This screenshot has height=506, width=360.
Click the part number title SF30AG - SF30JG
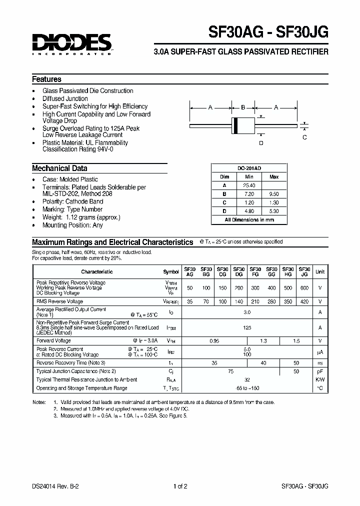tap(268, 32)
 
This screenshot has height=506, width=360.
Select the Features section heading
tap(46, 79)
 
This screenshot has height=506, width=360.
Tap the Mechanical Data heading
tap(59, 168)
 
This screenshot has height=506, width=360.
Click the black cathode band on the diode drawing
tap(235, 125)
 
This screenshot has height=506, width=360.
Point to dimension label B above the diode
tap(243, 107)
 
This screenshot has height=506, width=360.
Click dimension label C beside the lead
tap(304, 137)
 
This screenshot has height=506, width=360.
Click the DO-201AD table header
tap(249, 169)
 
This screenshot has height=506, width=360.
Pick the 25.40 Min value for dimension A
tap(249, 185)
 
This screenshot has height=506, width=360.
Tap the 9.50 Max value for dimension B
tap(274, 193)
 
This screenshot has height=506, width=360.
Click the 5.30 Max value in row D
tap(274, 210)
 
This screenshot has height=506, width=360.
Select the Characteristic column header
tap(97, 271)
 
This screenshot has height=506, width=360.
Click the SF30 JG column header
tap(304, 271)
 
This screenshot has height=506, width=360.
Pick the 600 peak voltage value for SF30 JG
tap(304, 288)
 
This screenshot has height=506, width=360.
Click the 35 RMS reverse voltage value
tap(190, 301)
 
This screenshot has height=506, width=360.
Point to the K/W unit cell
tap(320, 379)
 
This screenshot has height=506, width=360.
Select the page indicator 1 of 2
tap(180, 486)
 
